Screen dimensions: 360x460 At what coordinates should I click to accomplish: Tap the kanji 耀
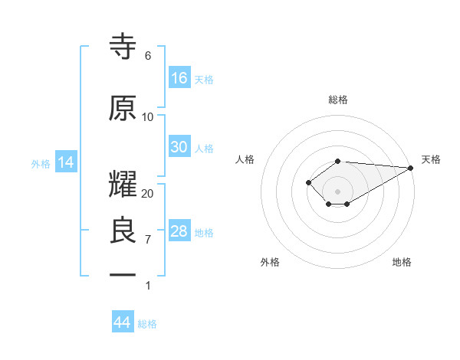click(x=123, y=185)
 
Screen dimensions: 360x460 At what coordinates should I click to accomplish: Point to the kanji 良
click(x=123, y=232)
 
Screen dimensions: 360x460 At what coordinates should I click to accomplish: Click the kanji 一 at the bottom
click(x=123, y=273)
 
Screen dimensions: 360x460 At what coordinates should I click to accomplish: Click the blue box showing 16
click(x=179, y=78)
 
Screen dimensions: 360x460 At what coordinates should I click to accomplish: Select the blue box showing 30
click(x=179, y=147)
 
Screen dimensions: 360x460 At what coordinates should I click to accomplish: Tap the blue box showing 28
click(x=179, y=231)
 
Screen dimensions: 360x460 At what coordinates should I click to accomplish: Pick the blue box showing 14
click(x=65, y=162)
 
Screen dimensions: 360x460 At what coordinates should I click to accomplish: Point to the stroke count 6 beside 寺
click(x=147, y=56)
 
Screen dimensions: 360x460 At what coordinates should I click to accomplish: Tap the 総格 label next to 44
click(x=147, y=324)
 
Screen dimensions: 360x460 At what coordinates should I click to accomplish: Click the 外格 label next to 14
click(x=41, y=163)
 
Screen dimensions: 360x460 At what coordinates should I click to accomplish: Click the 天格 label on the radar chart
click(x=431, y=159)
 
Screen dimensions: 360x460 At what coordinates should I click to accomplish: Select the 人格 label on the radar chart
click(x=245, y=159)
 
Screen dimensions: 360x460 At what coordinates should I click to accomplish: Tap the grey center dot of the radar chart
click(x=337, y=191)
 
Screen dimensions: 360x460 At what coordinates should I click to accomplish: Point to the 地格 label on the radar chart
click(x=402, y=263)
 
